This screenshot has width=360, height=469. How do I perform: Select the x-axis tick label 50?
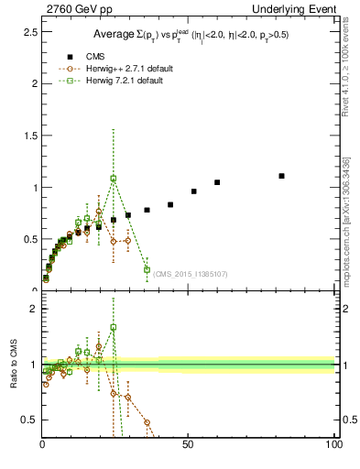(x=189, y=445)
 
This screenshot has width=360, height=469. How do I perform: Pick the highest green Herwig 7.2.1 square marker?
(x=114, y=179)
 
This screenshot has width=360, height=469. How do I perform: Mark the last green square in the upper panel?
(x=147, y=269)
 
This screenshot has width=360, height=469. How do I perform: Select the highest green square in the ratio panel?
(x=114, y=327)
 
